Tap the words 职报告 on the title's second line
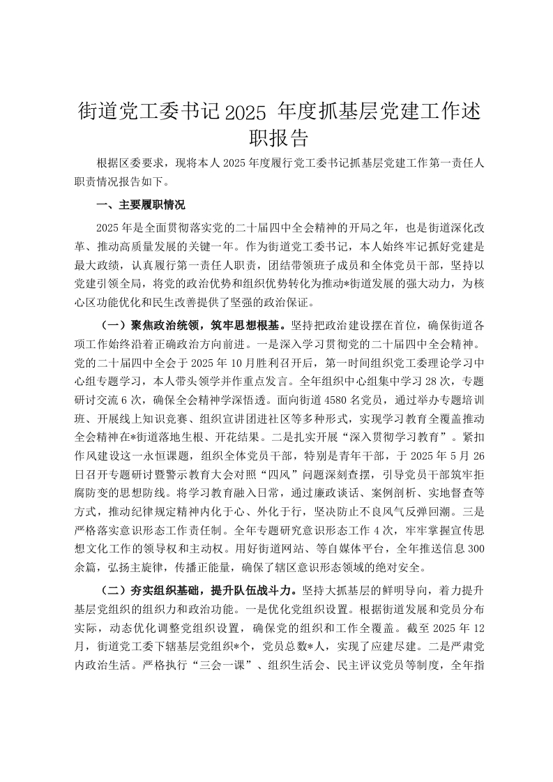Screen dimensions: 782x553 pyautogui.click(x=276, y=137)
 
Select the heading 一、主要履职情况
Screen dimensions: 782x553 pyautogui.click(x=140, y=205)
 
